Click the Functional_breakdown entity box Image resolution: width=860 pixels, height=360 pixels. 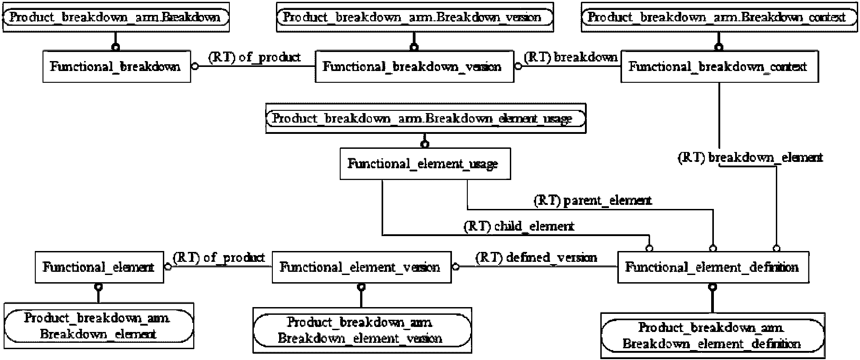click(x=117, y=66)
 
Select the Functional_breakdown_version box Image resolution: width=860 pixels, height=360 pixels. click(x=414, y=66)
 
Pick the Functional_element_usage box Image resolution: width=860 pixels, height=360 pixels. click(x=425, y=163)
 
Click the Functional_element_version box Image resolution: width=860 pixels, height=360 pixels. click(x=361, y=267)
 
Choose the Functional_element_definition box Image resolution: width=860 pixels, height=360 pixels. click(x=713, y=267)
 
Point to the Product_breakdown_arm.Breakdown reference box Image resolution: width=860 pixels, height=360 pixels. click(x=116, y=18)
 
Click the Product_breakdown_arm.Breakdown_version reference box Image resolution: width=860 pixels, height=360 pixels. click(x=415, y=18)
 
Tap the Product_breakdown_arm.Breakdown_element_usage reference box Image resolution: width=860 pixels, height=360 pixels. click(x=426, y=118)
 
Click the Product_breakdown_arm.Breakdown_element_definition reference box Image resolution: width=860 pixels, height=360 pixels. click(x=713, y=336)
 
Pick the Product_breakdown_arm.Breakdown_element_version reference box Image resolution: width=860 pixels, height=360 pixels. click(x=362, y=331)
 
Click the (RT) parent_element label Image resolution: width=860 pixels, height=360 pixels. click(x=593, y=200)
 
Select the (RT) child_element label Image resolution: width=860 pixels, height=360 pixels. click(x=519, y=226)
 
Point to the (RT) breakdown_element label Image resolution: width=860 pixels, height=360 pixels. click(x=750, y=157)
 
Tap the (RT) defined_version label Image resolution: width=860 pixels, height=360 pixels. click(x=536, y=258)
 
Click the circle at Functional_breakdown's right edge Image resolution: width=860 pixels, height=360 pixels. click(x=195, y=66)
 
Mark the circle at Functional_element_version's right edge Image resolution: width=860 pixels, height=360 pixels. click(x=456, y=267)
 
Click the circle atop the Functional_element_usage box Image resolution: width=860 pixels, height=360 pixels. click(x=425, y=144)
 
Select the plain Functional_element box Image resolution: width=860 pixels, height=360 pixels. click(x=100, y=267)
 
